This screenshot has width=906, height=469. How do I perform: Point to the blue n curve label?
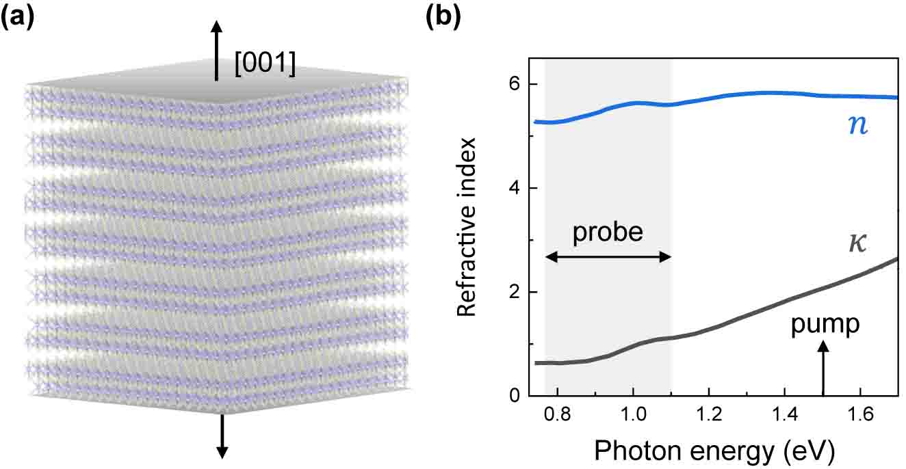(856, 126)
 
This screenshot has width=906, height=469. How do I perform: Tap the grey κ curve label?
(856, 243)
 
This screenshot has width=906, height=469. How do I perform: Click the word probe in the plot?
(608, 232)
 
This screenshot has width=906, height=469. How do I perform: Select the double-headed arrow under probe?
(608, 257)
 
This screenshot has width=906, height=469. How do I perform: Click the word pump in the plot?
(825, 324)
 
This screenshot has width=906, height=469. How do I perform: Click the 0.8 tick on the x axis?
(558, 414)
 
